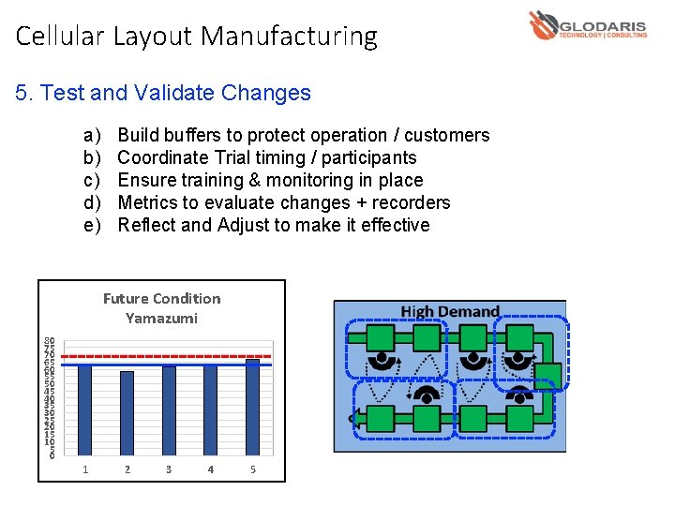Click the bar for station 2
pos(127,413)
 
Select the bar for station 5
pos(252,407)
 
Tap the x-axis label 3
pos(169,469)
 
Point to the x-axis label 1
pos(85,469)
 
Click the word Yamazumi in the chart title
pos(161,319)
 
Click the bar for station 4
pos(210,410)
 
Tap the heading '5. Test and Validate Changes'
pos(163,93)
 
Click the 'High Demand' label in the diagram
pos(450,311)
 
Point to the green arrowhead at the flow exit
pos(353,418)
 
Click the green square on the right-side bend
pos(547,376)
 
